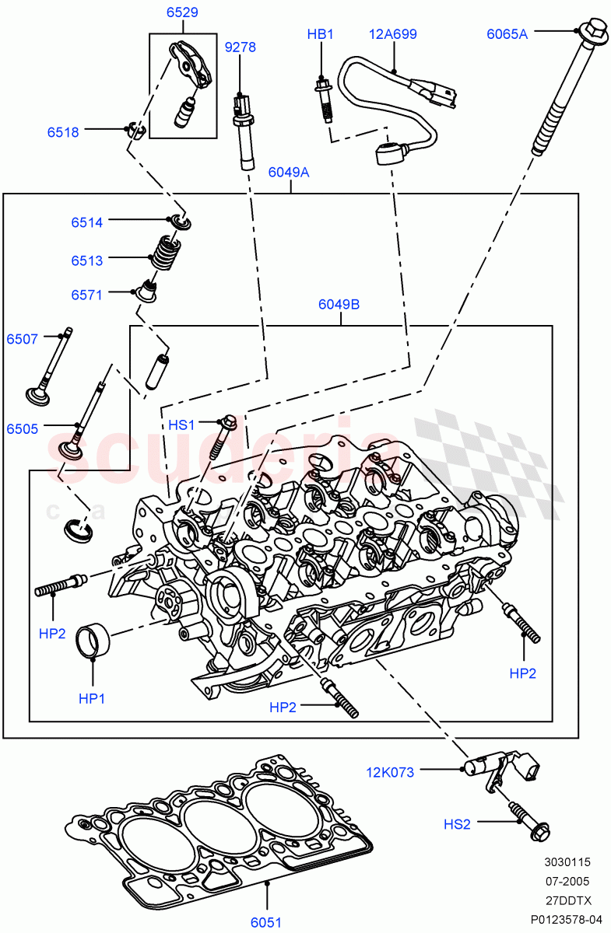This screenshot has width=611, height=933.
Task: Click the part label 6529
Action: [181, 12]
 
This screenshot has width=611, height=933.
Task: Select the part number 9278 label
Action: [240, 47]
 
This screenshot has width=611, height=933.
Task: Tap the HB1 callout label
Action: [320, 34]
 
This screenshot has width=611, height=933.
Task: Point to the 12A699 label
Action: [392, 34]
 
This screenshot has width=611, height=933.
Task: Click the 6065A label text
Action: [507, 33]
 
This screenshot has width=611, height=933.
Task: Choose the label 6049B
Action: [339, 304]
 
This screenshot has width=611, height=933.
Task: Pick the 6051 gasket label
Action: [265, 922]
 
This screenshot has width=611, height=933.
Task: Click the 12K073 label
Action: [390, 772]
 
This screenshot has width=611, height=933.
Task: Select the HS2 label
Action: [457, 824]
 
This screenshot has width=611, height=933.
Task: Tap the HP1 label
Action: [92, 699]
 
